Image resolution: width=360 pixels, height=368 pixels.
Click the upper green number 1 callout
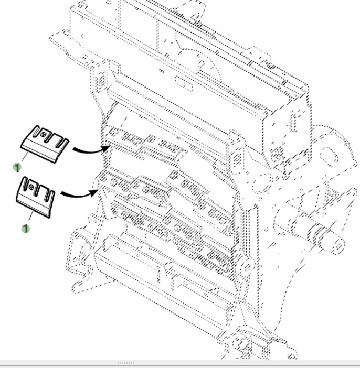pyautogui.click(x=17, y=167)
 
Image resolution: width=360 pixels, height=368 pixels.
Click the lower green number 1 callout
pyautogui.click(x=25, y=228)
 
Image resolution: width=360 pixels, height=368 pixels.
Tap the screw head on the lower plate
pyautogui.click(x=32, y=187)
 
